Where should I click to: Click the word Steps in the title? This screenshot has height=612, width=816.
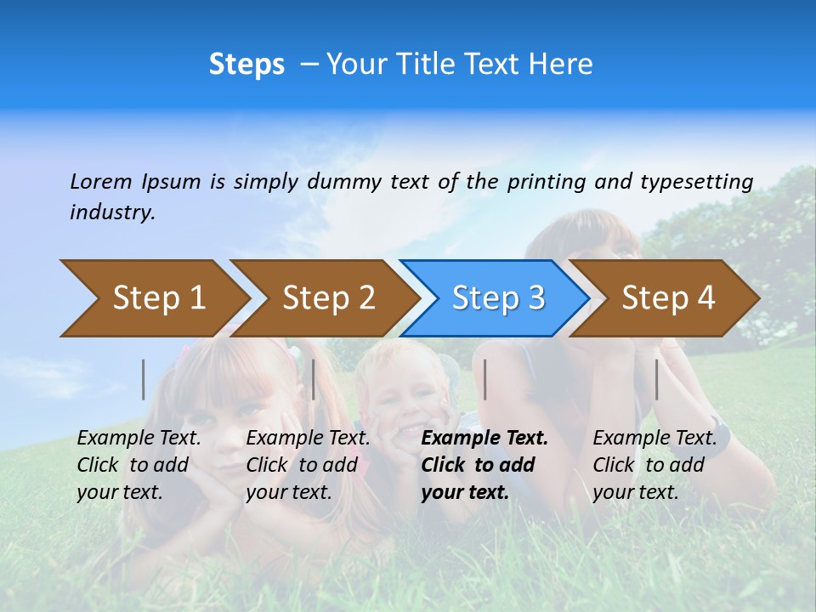[x=246, y=65]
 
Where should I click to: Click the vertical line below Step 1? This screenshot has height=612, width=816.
[x=144, y=379]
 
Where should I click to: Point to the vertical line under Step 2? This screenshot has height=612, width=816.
[x=314, y=379]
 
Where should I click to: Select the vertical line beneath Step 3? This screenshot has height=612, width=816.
[x=484, y=379]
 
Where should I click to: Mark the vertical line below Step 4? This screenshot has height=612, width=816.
[x=656, y=379]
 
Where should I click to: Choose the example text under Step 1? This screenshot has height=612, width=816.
[x=139, y=465]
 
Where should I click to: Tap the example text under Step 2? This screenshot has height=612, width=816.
[x=308, y=465]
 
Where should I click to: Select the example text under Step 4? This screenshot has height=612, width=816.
[x=654, y=465]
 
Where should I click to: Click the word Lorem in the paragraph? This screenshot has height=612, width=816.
[x=101, y=181]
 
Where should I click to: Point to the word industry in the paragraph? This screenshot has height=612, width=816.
[x=112, y=212]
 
